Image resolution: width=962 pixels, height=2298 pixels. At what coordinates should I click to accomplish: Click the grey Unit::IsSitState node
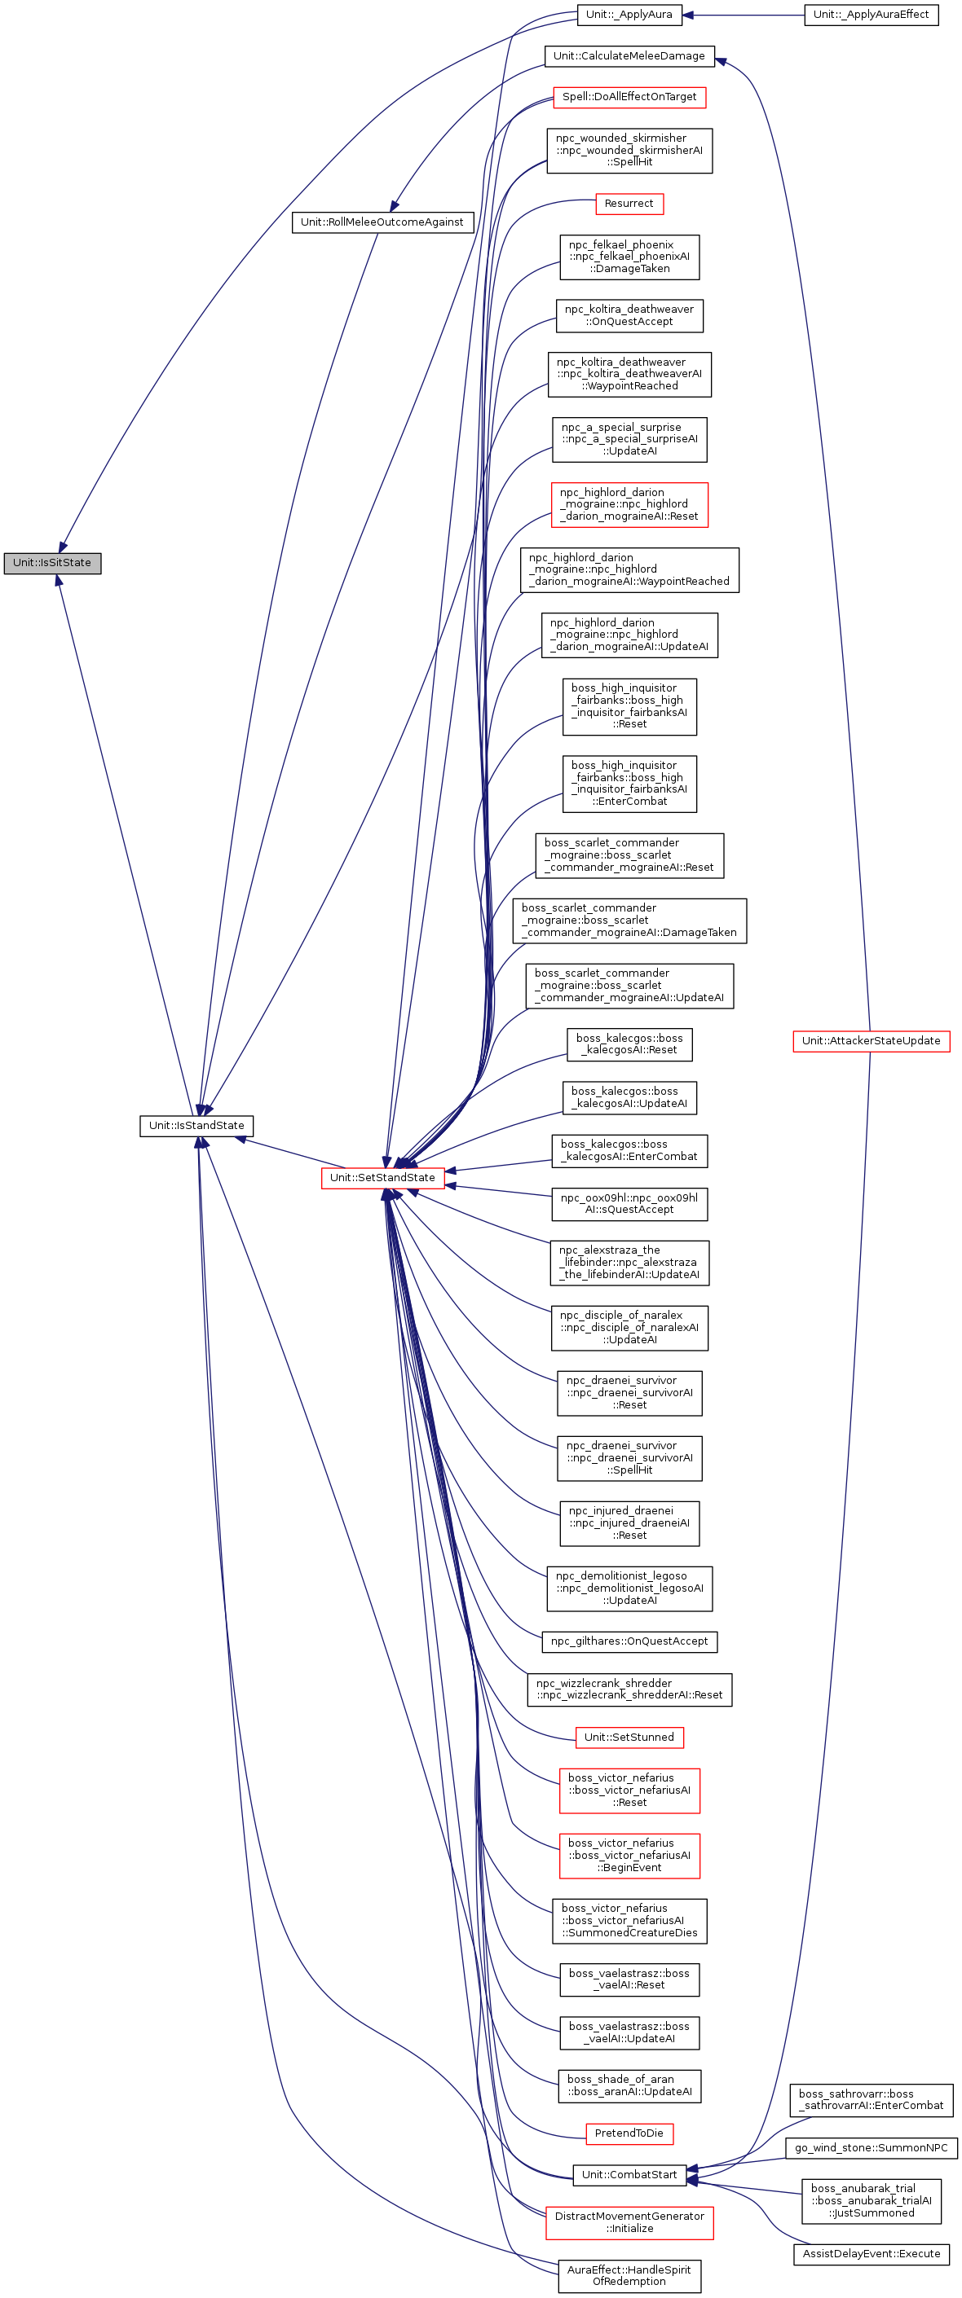pyautogui.click(x=51, y=563)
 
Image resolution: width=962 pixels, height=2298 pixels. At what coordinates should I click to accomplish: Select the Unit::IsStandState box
pyautogui.click(x=196, y=1125)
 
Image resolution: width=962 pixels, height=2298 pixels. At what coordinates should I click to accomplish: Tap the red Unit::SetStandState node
pyautogui.click(x=382, y=1178)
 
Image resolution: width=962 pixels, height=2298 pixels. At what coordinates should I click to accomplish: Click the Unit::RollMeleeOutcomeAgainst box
pyautogui.click(x=382, y=222)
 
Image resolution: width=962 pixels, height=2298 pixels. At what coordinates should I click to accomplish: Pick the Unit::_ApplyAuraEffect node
pyautogui.click(x=870, y=15)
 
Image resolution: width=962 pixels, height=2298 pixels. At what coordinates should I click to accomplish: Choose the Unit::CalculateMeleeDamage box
pyautogui.click(x=629, y=56)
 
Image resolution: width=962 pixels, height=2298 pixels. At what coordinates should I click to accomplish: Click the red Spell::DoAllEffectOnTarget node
pyautogui.click(x=629, y=96)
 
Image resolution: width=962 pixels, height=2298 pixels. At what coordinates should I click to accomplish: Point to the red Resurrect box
pyautogui.click(x=629, y=204)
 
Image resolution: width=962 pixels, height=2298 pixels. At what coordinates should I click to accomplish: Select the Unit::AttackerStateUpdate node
pyautogui.click(x=870, y=1040)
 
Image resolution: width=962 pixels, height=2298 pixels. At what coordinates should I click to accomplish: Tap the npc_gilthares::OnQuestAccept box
pyautogui.click(x=629, y=1641)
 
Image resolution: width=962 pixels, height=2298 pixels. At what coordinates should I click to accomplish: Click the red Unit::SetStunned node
pyautogui.click(x=629, y=1737)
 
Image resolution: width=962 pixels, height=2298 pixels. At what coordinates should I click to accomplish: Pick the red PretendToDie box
pyautogui.click(x=629, y=2133)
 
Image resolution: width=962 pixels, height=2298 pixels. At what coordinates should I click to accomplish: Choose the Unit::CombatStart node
pyautogui.click(x=629, y=2174)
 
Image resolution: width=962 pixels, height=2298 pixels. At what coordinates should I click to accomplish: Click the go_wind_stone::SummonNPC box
pyautogui.click(x=871, y=2147)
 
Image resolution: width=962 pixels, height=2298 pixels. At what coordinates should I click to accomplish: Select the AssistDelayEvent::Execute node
pyautogui.click(x=871, y=2253)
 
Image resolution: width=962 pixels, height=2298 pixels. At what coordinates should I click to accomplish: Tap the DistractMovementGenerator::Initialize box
pyautogui.click(x=629, y=2221)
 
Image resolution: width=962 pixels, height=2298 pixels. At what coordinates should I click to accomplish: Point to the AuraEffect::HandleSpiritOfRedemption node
pyautogui.click(x=629, y=2275)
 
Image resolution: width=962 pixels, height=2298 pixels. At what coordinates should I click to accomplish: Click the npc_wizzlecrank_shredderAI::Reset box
pyautogui.click(x=629, y=1689)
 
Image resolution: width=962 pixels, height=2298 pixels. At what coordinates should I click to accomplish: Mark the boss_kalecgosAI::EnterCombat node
pyautogui.click(x=629, y=1150)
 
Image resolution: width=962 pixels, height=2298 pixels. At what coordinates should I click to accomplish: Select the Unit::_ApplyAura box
pyautogui.click(x=629, y=15)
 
